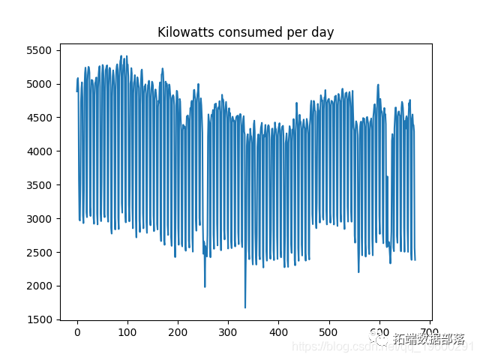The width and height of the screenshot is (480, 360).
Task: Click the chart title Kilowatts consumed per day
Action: (x=245, y=32)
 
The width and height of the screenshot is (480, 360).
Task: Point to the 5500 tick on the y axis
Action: (x=39, y=50)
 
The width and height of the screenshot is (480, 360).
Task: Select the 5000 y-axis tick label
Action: (x=39, y=84)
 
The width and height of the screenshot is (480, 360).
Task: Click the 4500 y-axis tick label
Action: (x=39, y=118)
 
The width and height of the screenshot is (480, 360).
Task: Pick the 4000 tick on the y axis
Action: (x=39, y=151)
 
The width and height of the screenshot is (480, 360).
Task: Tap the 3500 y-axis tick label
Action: (x=39, y=185)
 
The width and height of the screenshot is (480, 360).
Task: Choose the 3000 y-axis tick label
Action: (x=39, y=219)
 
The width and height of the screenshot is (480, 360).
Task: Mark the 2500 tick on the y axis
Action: (x=39, y=253)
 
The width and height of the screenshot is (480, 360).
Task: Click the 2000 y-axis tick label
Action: (x=39, y=286)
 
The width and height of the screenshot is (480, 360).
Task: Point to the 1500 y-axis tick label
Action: (x=39, y=319)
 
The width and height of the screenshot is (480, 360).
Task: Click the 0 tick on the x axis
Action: (x=77, y=332)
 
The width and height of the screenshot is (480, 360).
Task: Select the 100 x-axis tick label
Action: (x=127, y=332)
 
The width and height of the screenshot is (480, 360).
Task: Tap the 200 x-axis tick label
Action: (x=178, y=332)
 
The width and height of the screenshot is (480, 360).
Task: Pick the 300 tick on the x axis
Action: (x=228, y=332)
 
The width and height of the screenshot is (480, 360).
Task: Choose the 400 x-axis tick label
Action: (x=279, y=332)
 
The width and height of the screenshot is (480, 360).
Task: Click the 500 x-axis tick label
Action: (x=329, y=332)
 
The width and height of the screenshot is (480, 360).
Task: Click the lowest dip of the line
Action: (x=245, y=307)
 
